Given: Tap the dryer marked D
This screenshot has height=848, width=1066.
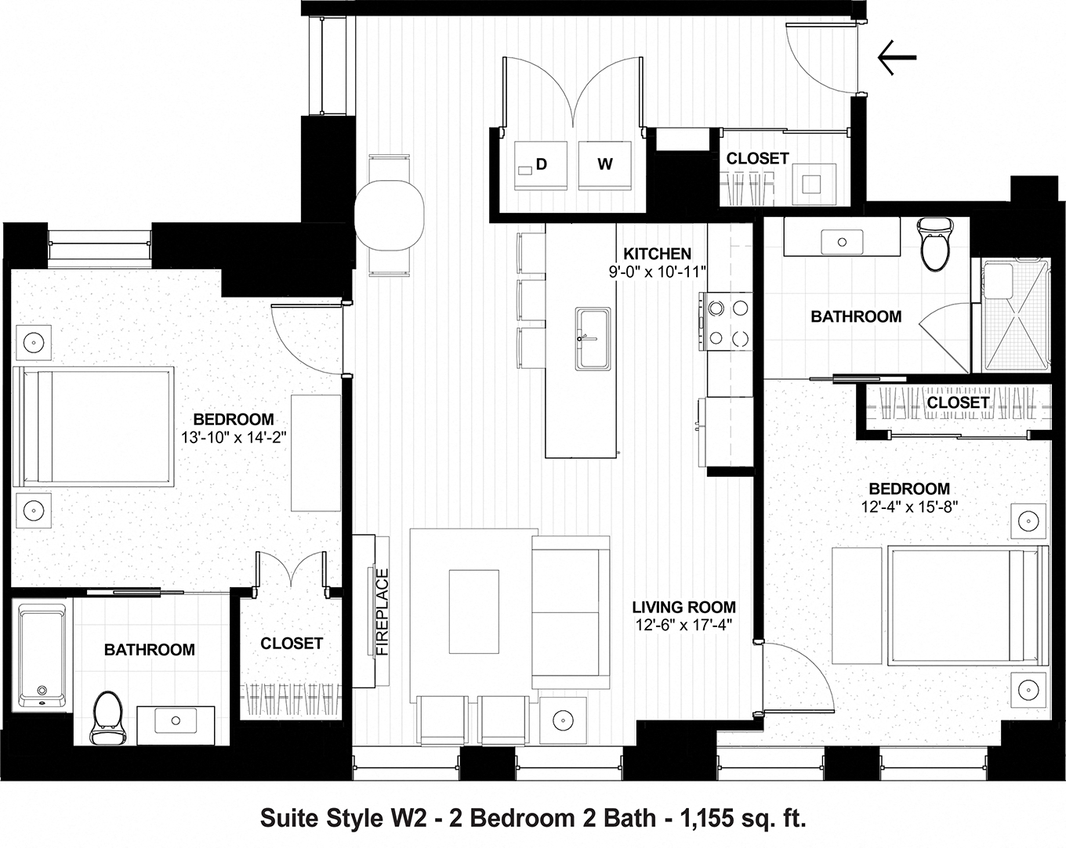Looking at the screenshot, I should tap(539, 164).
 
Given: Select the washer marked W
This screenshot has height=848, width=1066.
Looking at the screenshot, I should tap(604, 164).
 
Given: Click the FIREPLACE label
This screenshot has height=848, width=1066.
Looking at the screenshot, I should tap(383, 612).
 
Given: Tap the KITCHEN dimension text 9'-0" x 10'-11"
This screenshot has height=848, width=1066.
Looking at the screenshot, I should tap(658, 271).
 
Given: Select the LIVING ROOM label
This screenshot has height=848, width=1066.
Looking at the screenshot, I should tap(683, 607).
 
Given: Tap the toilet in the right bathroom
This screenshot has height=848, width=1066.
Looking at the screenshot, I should tap(934, 244).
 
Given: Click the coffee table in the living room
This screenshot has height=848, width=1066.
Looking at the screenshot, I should tap(473, 612).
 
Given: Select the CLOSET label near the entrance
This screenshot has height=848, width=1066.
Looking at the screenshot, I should tap(757, 158).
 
